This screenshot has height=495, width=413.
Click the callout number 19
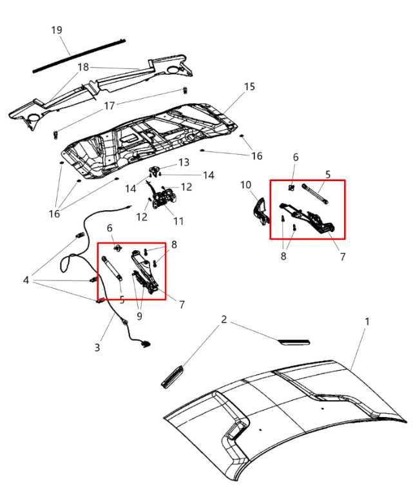(57, 30)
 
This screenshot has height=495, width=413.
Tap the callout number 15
(249, 86)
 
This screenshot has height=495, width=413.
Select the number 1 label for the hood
(367, 321)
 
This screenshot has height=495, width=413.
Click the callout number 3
(97, 347)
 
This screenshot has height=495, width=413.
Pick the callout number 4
(26, 280)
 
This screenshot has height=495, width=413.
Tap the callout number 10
(245, 185)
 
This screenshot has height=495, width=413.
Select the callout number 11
(178, 221)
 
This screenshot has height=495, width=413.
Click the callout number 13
(184, 162)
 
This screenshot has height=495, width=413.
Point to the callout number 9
(139, 315)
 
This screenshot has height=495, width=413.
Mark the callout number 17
(110, 105)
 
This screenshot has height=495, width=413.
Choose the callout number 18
(83, 67)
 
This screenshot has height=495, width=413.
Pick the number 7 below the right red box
(342, 257)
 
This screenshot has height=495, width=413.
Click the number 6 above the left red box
(110, 228)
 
